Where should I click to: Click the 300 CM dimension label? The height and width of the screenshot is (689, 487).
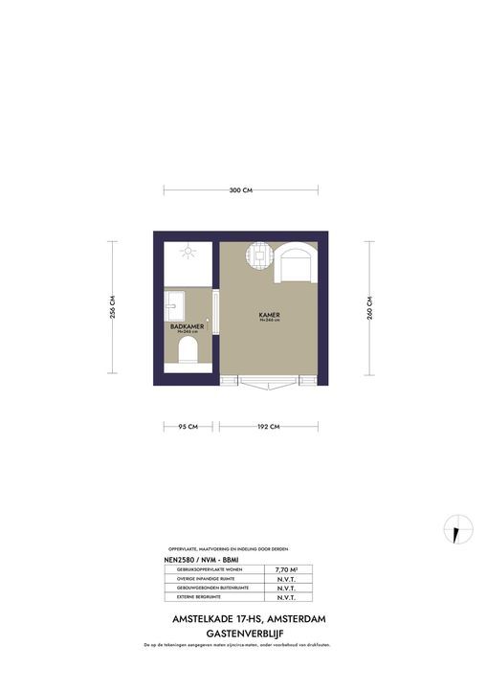(241, 190)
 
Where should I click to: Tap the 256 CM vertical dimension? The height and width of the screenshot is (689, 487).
(113, 308)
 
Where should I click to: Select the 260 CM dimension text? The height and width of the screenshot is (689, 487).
(369, 308)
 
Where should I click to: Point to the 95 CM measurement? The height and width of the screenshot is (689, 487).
(188, 426)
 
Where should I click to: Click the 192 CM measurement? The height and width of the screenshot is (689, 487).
(267, 426)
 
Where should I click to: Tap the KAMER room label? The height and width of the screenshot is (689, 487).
(268, 314)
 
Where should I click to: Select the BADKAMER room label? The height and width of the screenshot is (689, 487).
(187, 326)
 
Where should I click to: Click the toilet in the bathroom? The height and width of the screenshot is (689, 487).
(188, 358)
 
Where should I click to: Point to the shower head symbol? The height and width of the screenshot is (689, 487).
(188, 253)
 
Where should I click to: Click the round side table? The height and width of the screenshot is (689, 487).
(259, 256)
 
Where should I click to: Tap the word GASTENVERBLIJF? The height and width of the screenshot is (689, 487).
(243, 633)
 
